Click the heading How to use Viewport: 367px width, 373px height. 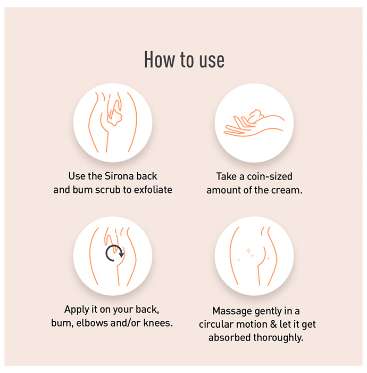tap(184, 60)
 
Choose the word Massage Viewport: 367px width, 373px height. tap(229, 311)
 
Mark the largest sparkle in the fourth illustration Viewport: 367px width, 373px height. tap(248, 251)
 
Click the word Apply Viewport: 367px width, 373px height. tap(76, 310)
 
